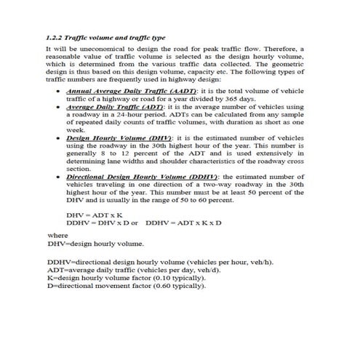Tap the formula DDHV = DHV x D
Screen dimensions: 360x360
(97, 224)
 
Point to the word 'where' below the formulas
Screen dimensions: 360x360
(57, 235)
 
